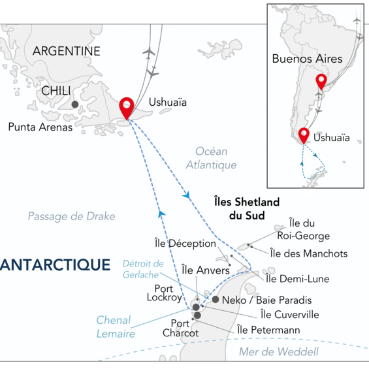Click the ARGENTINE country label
(66, 51)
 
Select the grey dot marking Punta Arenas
(75, 104)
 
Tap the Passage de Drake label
(71, 216)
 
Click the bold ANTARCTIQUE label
(55, 265)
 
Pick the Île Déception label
(192, 244)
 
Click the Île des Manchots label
(310, 253)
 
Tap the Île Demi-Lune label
(297, 279)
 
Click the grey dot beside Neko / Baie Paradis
(216, 300)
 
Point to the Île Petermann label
(268, 330)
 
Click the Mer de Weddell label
(288, 352)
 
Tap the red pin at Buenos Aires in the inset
(320, 82)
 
